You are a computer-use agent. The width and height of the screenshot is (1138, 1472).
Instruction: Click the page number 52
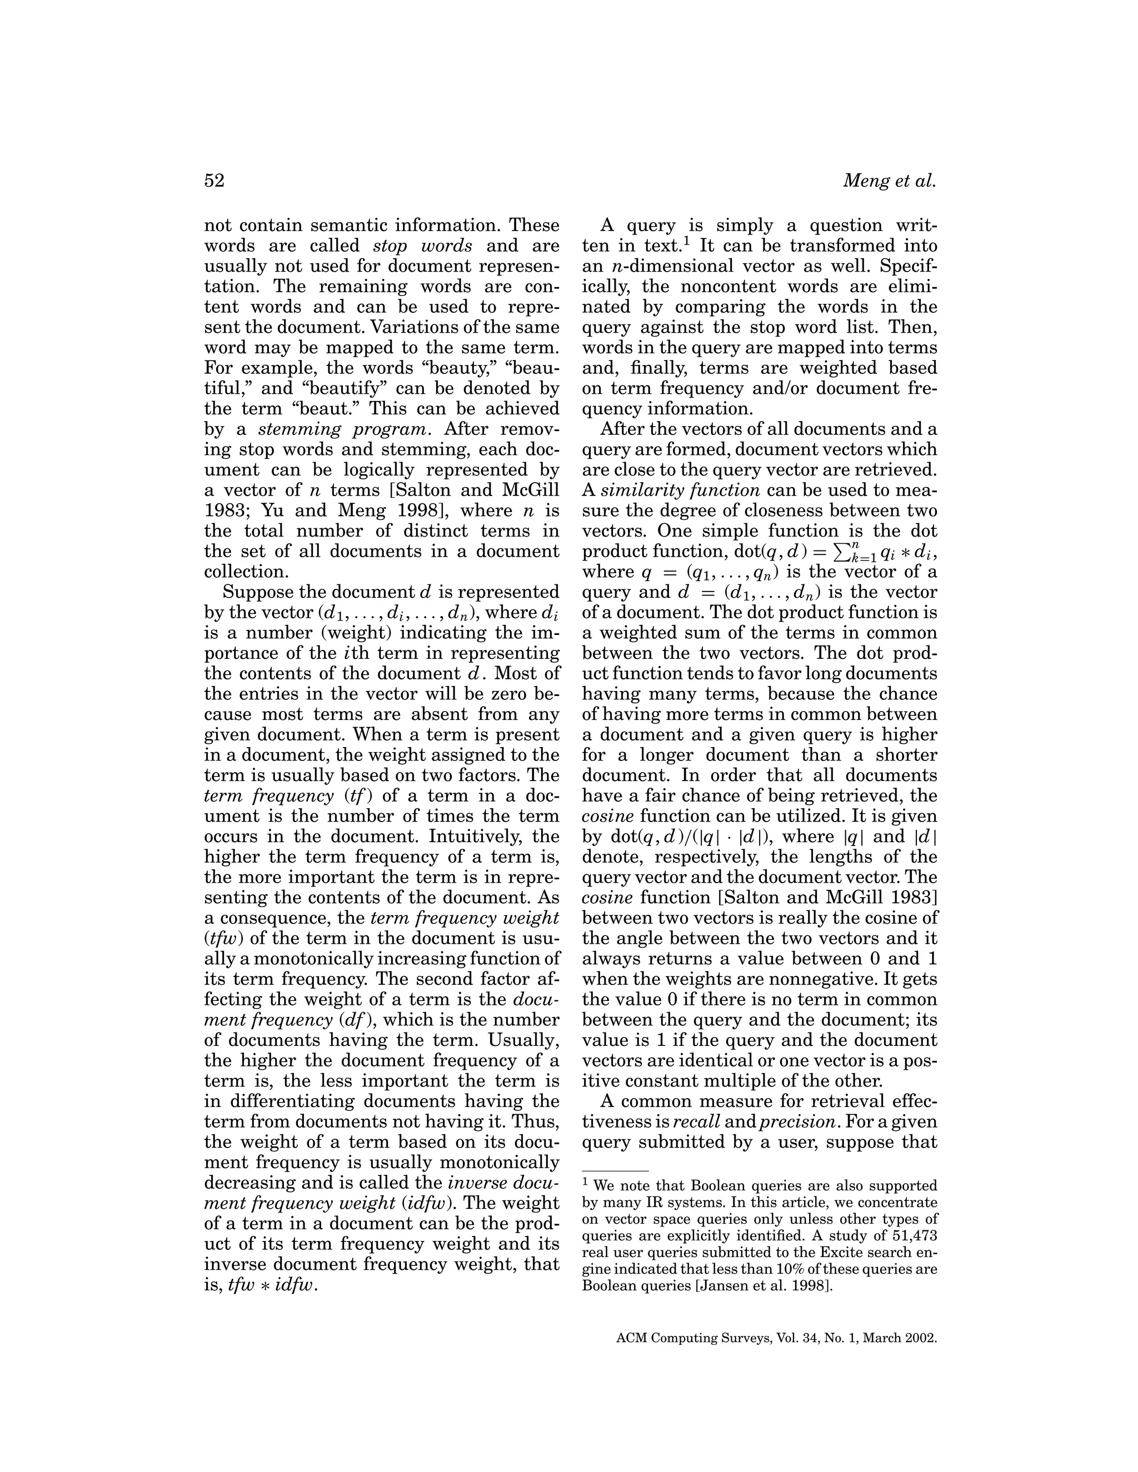coord(214,181)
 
